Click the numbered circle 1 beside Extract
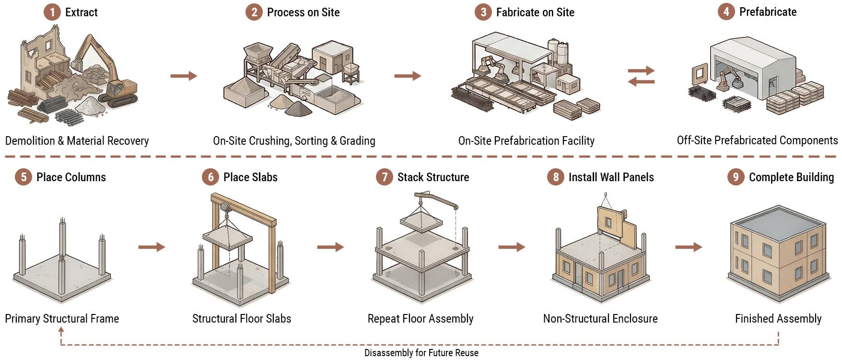point(52,12)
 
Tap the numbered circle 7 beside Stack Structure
point(384,177)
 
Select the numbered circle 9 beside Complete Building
point(736,177)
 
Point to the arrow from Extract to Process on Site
point(184,76)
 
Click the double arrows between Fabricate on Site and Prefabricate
point(642,76)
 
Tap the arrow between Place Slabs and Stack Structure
point(330,247)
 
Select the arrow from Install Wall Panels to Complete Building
point(689,247)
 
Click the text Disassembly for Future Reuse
point(421,353)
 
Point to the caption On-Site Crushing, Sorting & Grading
point(294,141)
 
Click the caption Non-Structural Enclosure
point(600,319)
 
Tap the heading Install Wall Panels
point(611,177)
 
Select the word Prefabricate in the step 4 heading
point(768,12)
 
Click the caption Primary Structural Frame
point(62,319)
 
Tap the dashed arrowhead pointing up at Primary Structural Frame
point(61,330)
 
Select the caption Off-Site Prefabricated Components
point(758,140)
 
